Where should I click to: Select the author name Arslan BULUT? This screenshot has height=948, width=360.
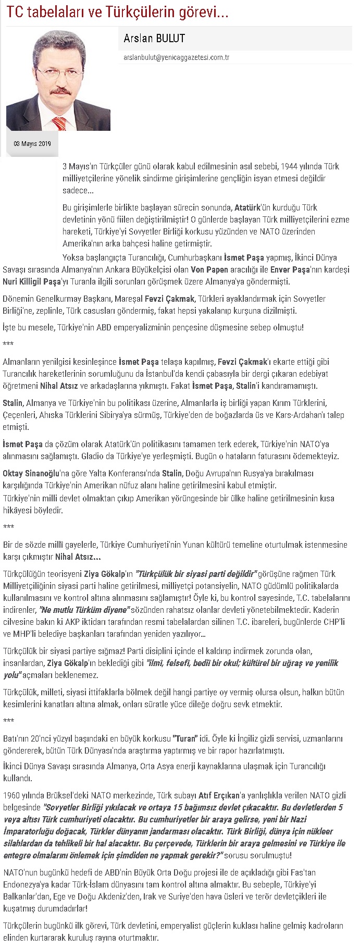click(154, 38)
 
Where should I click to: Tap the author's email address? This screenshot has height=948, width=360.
click(177, 57)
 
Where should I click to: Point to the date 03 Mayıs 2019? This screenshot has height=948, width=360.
click(32, 143)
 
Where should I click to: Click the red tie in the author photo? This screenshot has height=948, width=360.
click(59, 124)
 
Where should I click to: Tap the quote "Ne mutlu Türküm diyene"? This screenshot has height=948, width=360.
click(84, 609)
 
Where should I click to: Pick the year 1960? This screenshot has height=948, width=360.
click(11, 795)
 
